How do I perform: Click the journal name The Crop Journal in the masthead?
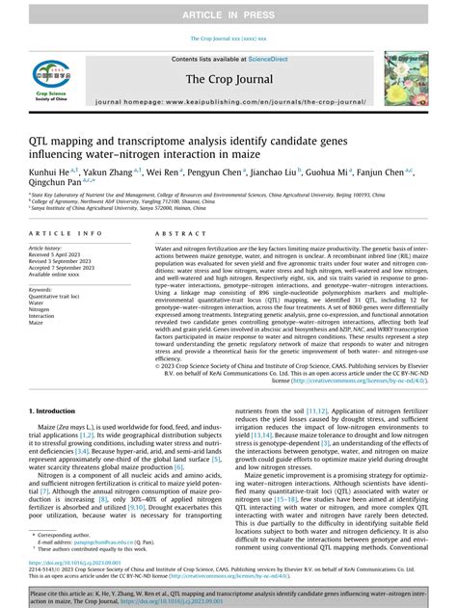pyautogui.click(x=228, y=81)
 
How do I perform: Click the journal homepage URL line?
pyautogui.click(x=228, y=100)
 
